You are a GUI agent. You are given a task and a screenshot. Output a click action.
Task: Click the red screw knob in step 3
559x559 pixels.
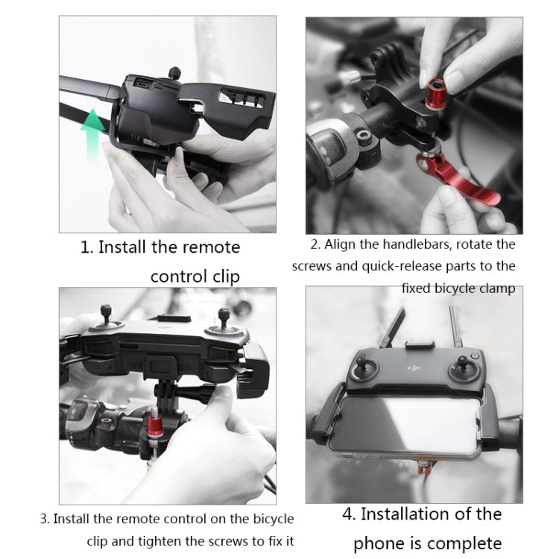(x=155, y=426)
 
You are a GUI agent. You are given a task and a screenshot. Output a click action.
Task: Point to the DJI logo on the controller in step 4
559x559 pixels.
(x=414, y=367)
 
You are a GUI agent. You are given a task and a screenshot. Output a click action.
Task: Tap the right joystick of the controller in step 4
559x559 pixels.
(x=463, y=369)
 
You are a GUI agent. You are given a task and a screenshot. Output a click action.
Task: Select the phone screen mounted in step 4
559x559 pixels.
(x=405, y=424)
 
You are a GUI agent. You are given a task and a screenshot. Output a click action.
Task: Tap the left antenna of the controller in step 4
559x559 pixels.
(x=392, y=327)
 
